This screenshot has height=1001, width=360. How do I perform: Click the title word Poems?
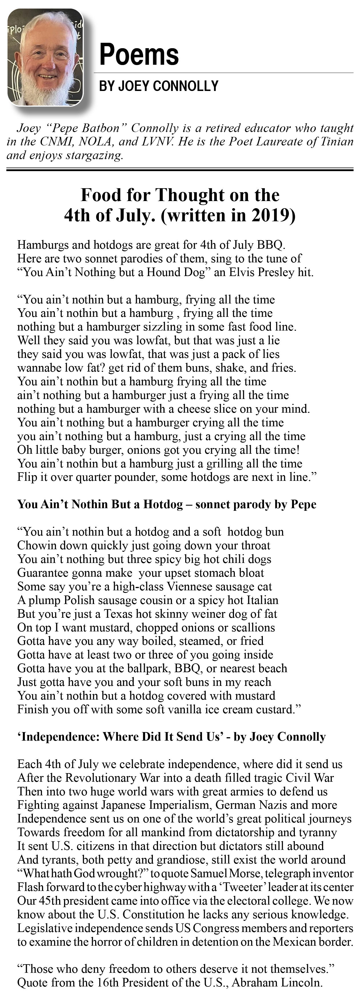click(139, 54)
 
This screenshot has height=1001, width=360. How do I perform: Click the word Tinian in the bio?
click(337, 141)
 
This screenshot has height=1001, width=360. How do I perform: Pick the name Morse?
click(247, 873)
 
